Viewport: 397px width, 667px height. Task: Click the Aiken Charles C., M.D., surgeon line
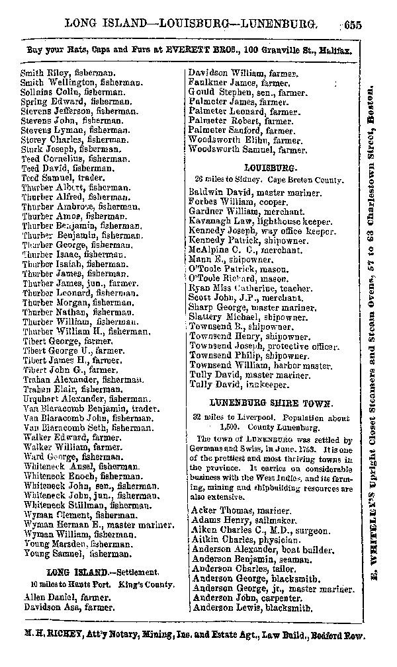(260, 530)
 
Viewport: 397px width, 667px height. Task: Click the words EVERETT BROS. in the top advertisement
(204, 50)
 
